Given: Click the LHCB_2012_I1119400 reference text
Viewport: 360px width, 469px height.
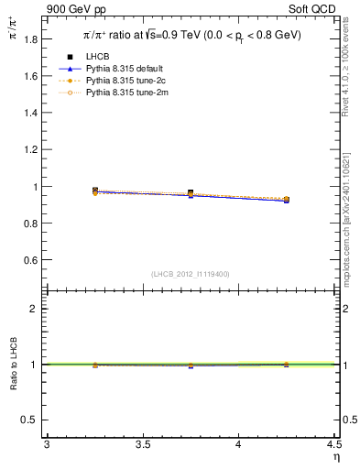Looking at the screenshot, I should pyautogui.click(x=190, y=274).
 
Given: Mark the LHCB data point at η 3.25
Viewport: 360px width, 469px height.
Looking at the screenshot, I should pyautogui.click(x=95, y=191).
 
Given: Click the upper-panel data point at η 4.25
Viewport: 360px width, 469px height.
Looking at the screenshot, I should pyautogui.click(x=287, y=200).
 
